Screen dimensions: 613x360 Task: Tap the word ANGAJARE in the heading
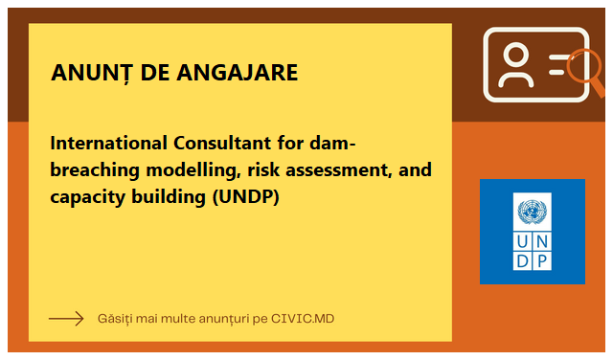[x=237, y=73]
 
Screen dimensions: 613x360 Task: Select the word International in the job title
[x=108, y=143]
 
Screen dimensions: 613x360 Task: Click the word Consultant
[x=222, y=143]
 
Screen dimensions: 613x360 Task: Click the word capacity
[x=87, y=197]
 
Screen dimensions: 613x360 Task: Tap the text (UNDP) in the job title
[x=246, y=196]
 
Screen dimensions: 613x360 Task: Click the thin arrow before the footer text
[x=66, y=319]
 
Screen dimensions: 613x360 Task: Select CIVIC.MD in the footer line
[x=303, y=319]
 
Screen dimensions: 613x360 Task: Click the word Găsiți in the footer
[x=114, y=319]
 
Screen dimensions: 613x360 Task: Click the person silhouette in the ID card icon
[x=516, y=64]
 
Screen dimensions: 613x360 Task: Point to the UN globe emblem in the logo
[x=533, y=212]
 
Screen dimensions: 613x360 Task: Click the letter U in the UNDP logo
[x=522, y=242]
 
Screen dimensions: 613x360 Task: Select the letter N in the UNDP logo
[x=542, y=242]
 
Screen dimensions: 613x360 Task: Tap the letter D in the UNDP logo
[x=522, y=261]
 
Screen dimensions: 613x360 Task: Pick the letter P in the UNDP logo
[x=542, y=261]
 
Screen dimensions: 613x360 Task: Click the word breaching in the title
[x=95, y=170]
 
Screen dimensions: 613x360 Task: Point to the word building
[x=169, y=196]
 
